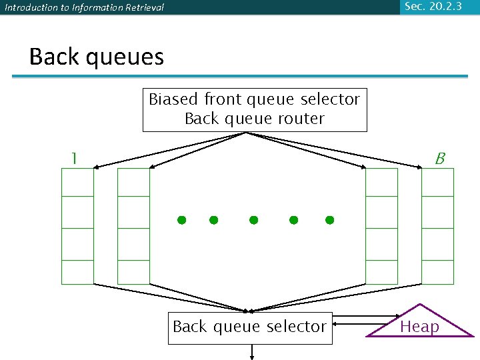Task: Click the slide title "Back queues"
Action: (97, 57)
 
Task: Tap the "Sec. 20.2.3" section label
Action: (434, 7)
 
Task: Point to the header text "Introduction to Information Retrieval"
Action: (85, 8)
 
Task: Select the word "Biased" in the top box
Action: (173, 99)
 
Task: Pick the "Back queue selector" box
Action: (249, 327)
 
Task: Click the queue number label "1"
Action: (74, 158)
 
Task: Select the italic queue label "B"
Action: (440, 159)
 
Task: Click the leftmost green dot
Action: (181, 220)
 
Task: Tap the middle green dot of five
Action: (253, 220)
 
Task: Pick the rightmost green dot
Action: (329, 220)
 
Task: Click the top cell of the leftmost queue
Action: (77, 182)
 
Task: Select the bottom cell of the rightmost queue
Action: (438, 272)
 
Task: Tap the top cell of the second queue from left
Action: (133, 182)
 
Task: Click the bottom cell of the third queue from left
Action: (382, 272)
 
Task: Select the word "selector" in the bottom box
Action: (295, 327)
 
